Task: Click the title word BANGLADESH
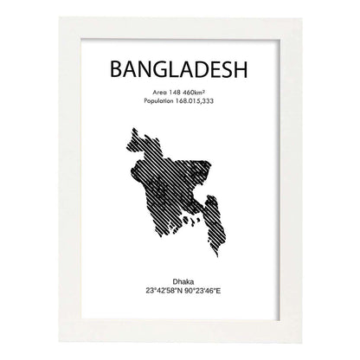pos(180,68)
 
